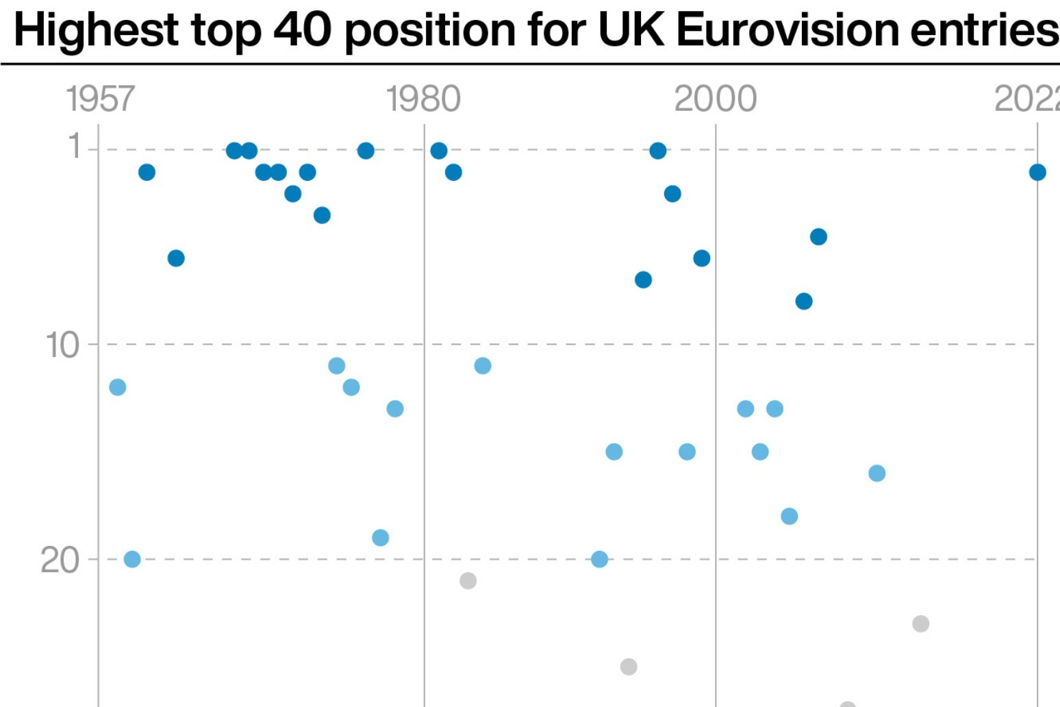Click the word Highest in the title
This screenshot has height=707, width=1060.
tap(96, 31)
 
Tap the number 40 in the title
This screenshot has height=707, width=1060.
tap(302, 29)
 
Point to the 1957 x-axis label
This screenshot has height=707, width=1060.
tap(100, 99)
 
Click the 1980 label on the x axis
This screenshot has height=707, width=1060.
tap(423, 99)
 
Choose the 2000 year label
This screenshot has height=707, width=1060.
tap(715, 99)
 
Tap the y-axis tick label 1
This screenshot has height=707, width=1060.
tap(75, 147)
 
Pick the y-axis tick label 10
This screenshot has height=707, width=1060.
tap(63, 345)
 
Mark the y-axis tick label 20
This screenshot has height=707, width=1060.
tap(60, 560)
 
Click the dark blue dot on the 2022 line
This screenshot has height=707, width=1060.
tap(1037, 172)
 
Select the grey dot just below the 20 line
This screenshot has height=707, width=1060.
tap(468, 581)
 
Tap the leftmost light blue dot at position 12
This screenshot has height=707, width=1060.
tap(118, 387)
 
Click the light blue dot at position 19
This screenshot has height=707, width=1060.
tap(381, 538)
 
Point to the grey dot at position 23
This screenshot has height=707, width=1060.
tap(920, 623)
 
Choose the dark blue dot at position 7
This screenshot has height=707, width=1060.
tap(643, 280)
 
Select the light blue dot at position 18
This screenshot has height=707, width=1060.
tap(790, 517)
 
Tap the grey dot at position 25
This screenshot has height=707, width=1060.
tap(629, 667)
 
